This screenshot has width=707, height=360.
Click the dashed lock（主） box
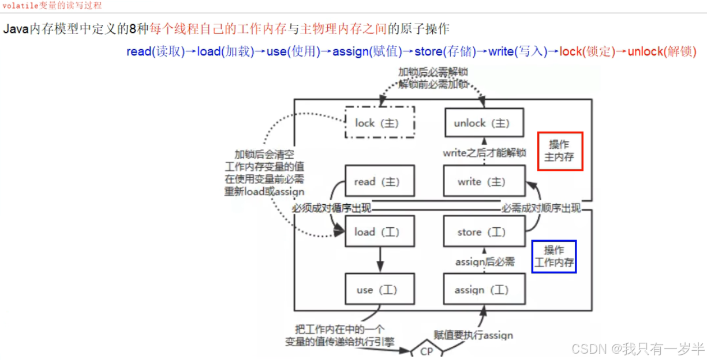point(379,122)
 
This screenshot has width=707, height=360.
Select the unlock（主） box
point(485,123)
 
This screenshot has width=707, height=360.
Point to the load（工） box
point(379,232)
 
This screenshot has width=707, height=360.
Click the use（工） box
point(379,290)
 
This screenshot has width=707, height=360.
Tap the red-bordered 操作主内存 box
point(560,151)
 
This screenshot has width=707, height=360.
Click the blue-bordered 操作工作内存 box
point(553,257)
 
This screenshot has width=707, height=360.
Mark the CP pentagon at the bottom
point(426,351)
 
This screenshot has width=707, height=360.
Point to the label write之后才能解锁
point(484,153)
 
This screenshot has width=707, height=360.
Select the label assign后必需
point(485,262)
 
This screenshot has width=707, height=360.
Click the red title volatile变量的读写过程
point(53,5)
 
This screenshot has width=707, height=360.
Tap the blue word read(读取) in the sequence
point(155,51)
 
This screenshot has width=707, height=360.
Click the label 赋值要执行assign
point(473,335)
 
